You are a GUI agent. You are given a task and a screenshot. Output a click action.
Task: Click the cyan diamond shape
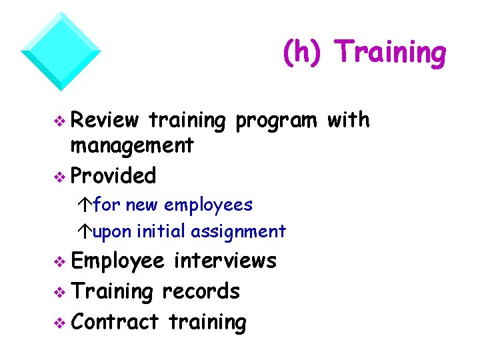point(61,51)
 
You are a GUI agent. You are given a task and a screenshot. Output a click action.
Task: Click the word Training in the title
point(390,53)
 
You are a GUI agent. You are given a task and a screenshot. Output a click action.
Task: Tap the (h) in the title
point(303,53)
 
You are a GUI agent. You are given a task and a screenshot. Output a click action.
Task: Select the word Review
point(105,120)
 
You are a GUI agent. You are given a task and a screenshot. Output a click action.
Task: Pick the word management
point(132,145)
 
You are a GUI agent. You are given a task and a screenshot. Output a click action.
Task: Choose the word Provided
point(113,175)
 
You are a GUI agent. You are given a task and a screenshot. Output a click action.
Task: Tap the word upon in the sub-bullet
point(113,232)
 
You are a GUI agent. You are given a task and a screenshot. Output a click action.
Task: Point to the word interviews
point(225,260)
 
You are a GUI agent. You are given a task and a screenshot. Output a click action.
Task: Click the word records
point(201,291)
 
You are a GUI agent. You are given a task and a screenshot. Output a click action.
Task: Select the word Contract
point(115,322)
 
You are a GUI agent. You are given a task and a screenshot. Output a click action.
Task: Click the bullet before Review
point(60,121)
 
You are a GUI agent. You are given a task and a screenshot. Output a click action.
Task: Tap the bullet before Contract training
point(60,323)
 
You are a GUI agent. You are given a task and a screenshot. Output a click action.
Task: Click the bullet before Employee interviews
point(60,261)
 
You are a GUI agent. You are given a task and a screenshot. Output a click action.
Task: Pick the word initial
point(161,231)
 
